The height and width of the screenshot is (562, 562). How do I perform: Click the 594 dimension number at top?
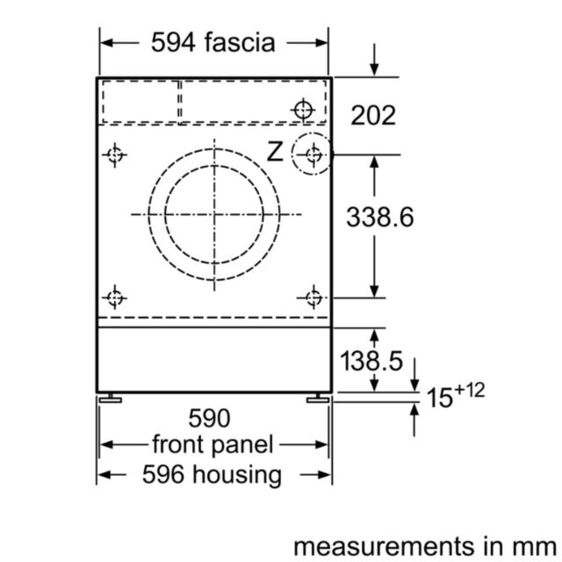click(x=173, y=43)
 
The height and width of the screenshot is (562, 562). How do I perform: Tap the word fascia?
click(x=240, y=42)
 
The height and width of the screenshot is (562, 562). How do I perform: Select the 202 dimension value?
click(x=373, y=115)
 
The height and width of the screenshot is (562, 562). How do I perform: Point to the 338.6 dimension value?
click(x=380, y=217)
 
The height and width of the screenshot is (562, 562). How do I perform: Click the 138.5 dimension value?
click(x=371, y=361)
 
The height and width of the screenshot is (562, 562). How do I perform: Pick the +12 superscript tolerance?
click(x=469, y=390)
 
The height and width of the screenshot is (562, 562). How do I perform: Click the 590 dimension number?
click(x=209, y=418)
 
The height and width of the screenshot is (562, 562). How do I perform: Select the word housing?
click(x=237, y=475)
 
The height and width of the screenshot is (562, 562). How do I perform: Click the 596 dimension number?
click(x=163, y=474)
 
